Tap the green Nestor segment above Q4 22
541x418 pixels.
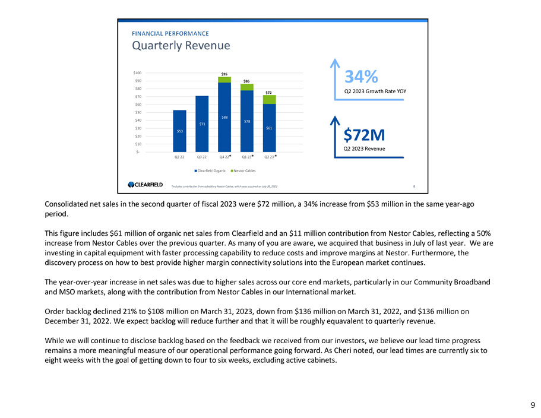pyautogui.click(x=224, y=80)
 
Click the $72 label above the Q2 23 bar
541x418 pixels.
pyautogui.click(x=269, y=92)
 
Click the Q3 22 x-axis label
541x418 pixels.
pyautogui.click(x=202, y=157)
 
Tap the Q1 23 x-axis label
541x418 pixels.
pyautogui.click(x=246, y=157)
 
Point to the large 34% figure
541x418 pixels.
pyautogui.click(x=362, y=77)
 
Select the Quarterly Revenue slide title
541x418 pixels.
pyautogui.click(x=181, y=46)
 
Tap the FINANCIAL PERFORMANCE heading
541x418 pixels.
pyautogui.click(x=170, y=33)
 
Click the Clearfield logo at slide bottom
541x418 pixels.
pyautogui.click(x=145, y=185)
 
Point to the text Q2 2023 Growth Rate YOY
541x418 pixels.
pyautogui.click(x=375, y=91)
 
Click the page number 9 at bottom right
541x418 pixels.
pyautogui.click(x=533, y=406)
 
